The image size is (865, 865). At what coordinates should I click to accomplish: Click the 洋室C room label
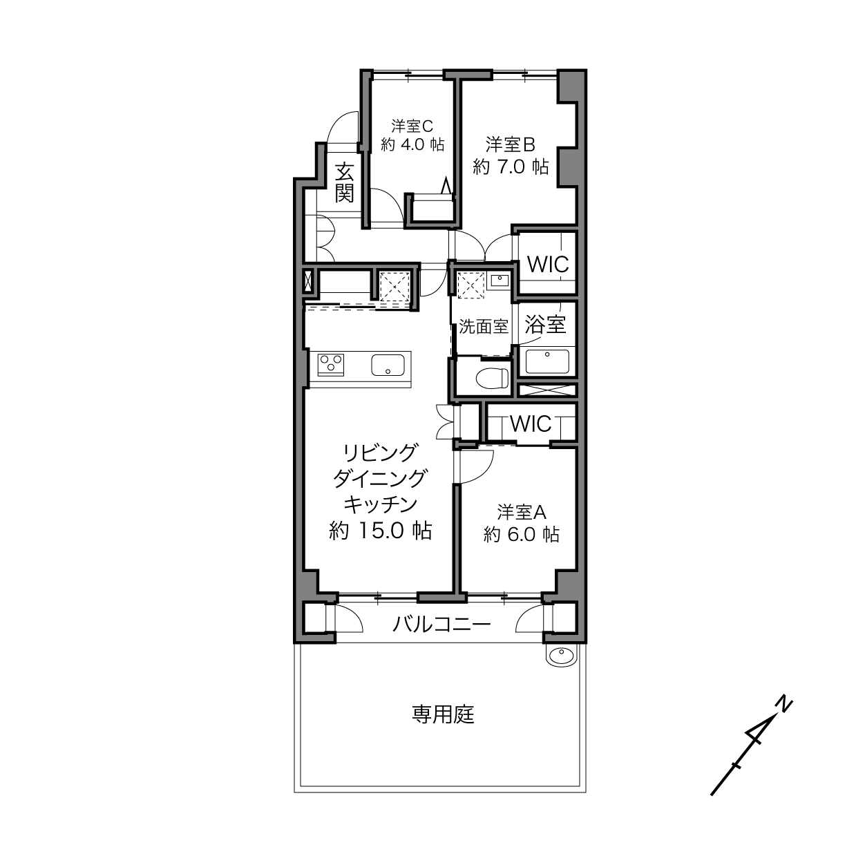[x=412, y=126]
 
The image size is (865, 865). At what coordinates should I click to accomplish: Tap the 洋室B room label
[x=511, y=144]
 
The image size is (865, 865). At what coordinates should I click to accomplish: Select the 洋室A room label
[x=522, y=513]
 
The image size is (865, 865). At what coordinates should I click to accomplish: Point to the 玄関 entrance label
[x=344, y=182]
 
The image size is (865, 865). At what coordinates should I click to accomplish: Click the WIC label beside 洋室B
[x=548, y=264]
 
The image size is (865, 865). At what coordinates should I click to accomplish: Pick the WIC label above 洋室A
[x=531, y=424]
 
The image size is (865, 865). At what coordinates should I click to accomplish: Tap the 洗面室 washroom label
[x=484, y=327]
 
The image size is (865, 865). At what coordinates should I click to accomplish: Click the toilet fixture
[x=492, y=378]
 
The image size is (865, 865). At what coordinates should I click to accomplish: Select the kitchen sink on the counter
[x=390, y=365]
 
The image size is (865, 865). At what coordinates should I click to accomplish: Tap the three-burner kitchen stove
[x=330, y=363]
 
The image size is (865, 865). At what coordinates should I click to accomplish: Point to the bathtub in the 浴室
[x=547, y=361]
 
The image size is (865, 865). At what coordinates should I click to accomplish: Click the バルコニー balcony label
[x=441, y=625]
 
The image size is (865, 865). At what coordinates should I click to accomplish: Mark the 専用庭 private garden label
[x=443, y=714]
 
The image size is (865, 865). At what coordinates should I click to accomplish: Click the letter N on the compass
[x=783, y=704]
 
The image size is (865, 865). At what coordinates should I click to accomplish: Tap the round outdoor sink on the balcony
[x=561, y=655]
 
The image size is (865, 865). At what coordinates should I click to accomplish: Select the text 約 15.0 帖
[x=381, y=531]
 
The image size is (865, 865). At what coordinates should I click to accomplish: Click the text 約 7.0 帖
[x=511, y=167]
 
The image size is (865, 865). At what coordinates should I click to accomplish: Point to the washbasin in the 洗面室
[x=499, y=281]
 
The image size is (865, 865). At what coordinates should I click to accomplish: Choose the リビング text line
[x=381, y=453]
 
